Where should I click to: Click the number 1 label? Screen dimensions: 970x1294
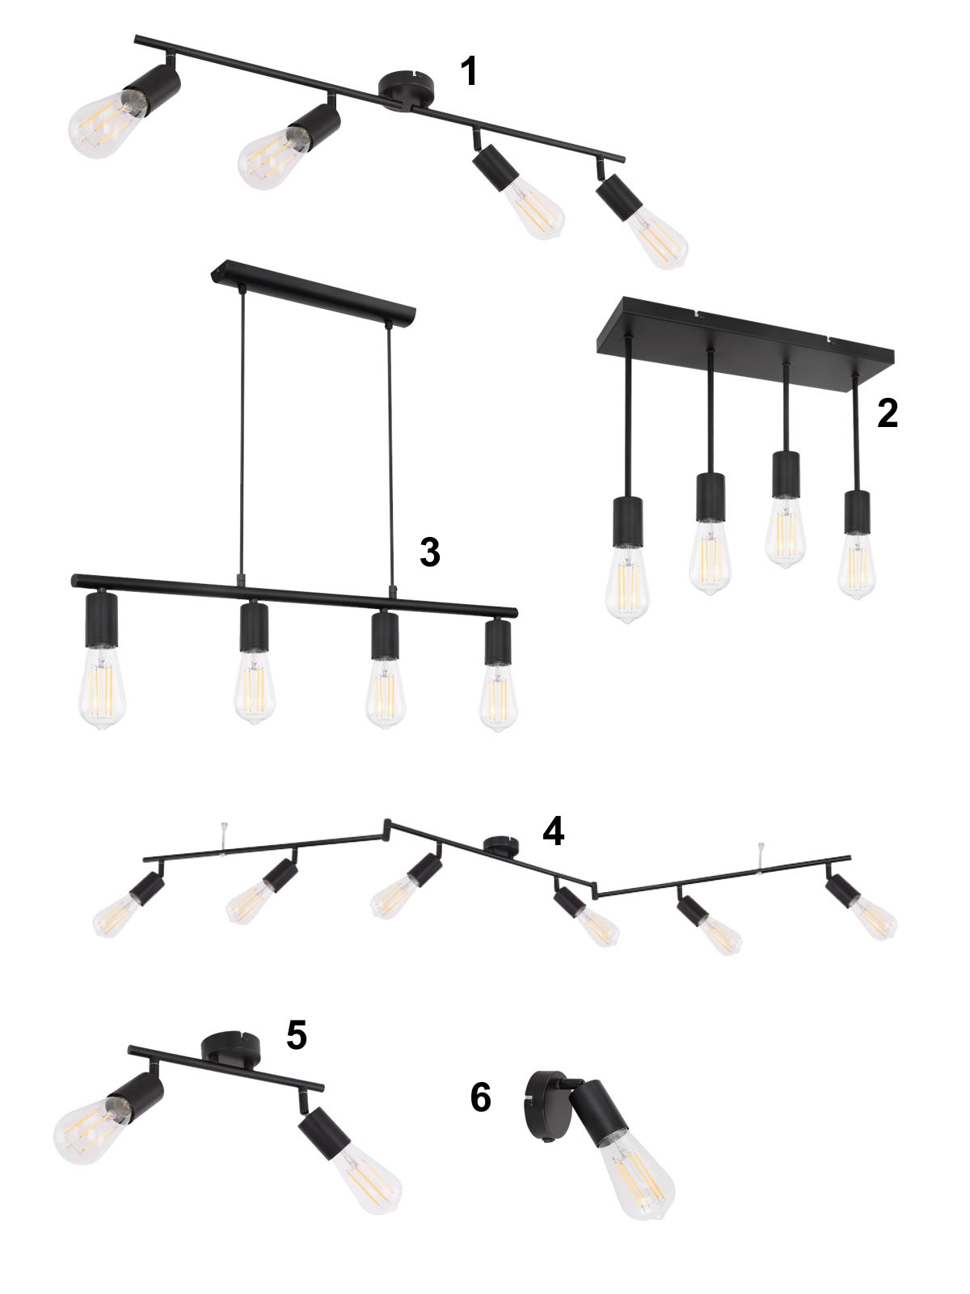469,71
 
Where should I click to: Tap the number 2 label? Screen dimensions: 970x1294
887,413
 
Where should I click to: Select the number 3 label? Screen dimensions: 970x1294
430,552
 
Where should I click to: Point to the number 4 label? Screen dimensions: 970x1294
553,832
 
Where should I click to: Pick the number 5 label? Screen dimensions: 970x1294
297,1035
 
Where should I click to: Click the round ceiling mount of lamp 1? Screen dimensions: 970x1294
407,91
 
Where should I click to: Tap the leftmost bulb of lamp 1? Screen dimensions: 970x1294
105,124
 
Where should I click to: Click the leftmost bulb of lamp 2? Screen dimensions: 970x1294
628,584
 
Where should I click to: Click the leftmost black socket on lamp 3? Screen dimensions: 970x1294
101,620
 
